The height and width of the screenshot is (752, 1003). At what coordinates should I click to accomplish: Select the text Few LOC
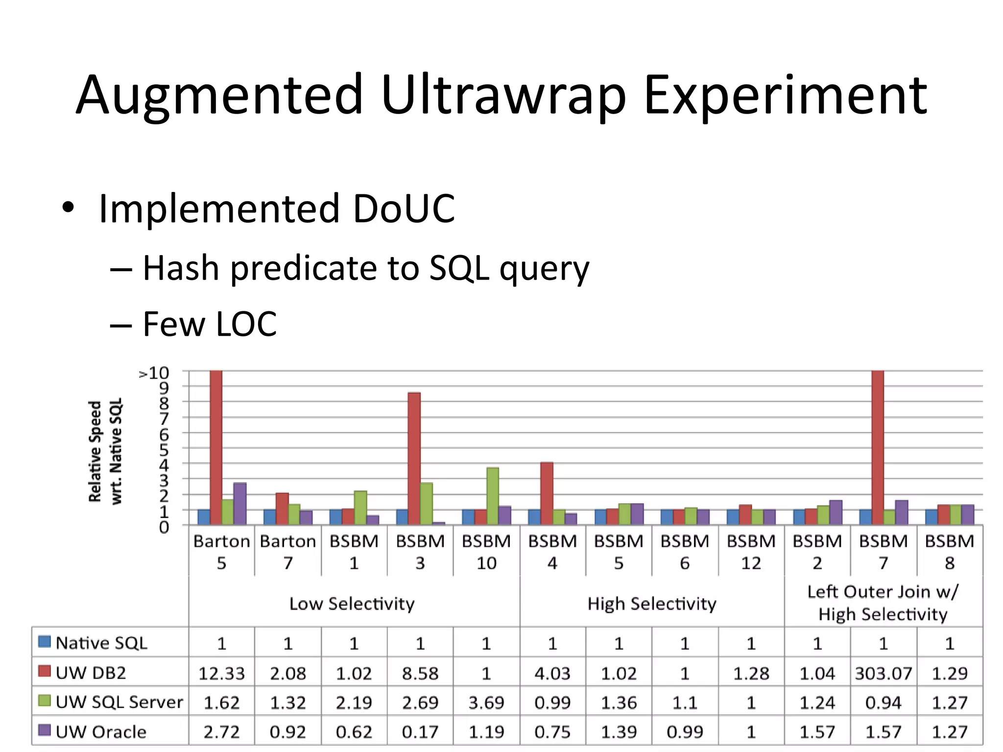(210, 324)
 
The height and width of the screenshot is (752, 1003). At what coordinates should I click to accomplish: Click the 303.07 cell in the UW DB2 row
(883, 673)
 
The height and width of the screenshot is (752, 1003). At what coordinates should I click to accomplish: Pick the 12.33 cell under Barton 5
(221, 673)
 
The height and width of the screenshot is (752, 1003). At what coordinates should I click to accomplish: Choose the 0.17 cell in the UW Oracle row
(420, 732)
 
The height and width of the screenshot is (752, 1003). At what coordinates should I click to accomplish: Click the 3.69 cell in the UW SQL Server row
(486, 703)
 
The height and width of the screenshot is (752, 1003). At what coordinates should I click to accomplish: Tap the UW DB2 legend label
(91, 673)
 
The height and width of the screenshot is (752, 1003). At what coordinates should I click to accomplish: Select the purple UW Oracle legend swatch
(45, 730)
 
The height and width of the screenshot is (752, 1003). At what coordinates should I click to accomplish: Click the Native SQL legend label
(101, 643)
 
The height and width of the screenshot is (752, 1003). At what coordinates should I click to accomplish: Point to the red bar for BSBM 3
(414, 458)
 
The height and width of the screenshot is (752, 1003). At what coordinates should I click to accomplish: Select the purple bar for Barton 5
(239, 503)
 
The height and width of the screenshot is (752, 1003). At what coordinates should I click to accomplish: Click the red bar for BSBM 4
(547, 493)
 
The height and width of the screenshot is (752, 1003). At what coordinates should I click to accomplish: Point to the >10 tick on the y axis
(154, 374)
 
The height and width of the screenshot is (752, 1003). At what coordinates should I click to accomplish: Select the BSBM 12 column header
(751, 552)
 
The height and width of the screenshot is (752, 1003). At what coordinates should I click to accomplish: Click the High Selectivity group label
(651, 604)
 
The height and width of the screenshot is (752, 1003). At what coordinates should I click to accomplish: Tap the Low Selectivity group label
(352, 604)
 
